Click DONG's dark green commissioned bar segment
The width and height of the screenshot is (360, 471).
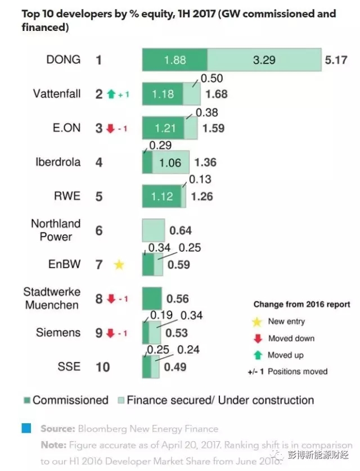pos(174,60)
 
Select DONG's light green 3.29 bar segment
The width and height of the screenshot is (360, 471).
pos(263,60)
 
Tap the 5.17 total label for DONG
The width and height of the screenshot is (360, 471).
pos(336,60)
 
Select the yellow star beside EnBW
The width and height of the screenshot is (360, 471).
pos(119,264)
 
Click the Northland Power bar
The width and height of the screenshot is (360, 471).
pos(153,230)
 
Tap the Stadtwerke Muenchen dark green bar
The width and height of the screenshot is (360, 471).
pos(151,298)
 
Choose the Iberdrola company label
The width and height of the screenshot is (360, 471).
pos(58,162)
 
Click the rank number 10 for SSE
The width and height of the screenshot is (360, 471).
pos(102,367)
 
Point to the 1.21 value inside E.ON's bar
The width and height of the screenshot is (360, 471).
pos(163,128)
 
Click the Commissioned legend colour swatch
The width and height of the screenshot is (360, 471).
pos(26,401)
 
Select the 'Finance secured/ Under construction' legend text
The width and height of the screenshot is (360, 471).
pos(220,401)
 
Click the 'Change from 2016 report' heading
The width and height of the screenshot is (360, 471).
pos(301,305)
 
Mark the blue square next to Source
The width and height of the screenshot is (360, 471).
pos(26,429)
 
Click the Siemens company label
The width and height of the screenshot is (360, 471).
pos(58,333)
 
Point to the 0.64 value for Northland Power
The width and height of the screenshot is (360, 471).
pos(180,230)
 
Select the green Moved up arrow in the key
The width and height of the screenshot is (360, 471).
pos(258,355)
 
